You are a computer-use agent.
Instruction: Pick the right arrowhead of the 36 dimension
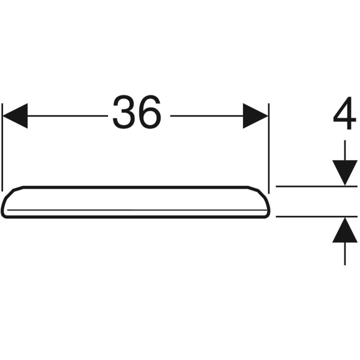pos(255,115)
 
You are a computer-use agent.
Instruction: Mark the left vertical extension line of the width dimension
pos(3,144)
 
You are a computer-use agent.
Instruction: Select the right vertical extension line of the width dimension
pos(268,144)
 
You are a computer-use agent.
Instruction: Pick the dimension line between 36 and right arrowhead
pos(207,115)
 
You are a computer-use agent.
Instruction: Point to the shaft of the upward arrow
pos(344,252)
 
